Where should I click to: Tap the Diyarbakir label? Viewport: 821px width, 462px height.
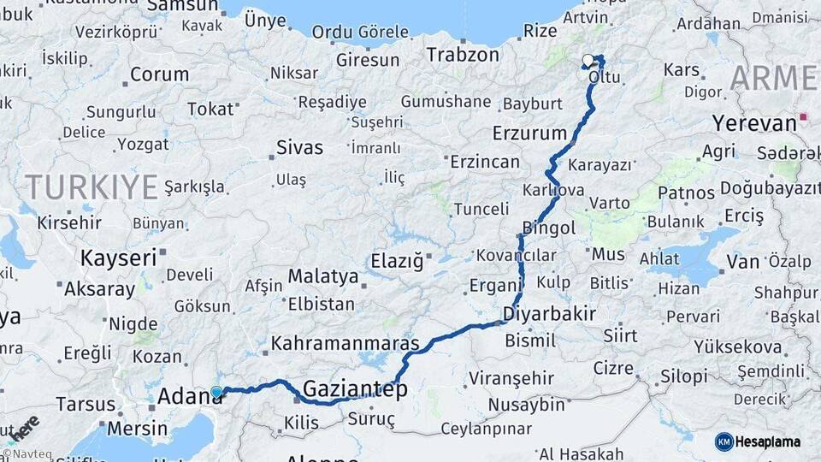click(549, 313)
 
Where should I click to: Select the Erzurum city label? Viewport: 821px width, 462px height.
click(529, 133)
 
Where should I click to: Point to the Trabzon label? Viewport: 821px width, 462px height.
click(463, 55)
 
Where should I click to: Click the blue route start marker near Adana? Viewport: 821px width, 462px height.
click(216, 393)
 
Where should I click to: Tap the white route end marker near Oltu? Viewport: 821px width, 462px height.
click(588, 61)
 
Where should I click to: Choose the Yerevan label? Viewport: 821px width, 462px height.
click(754, 122)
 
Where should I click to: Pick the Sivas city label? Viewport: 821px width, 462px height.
click(299, 148)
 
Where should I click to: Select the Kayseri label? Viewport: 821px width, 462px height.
click(118, 257)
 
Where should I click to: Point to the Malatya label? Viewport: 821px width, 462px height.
click(322, 276)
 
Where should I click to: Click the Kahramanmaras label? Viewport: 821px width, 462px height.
click(345, 344)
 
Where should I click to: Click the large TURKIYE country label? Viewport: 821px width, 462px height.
click(92, 186)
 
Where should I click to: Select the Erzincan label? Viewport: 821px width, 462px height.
click(485, 162)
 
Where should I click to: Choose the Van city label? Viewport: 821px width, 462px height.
click(742, 261)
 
